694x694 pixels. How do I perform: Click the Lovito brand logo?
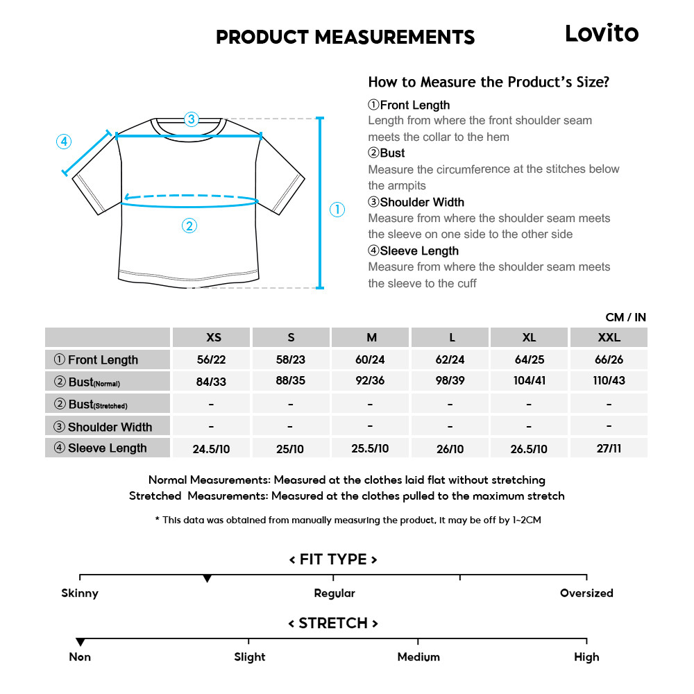[x=602, y=33]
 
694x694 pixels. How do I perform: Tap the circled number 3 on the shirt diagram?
[x=192, y=119]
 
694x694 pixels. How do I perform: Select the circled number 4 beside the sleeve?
[x=63, y=142]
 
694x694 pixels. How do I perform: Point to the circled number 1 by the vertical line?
[x=337, y=210]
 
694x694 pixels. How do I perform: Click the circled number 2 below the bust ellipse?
[x=189, y=225]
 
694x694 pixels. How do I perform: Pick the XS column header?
[x=214, y=337]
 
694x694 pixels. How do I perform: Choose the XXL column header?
[x=609, y=337]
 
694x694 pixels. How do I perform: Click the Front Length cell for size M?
[x=371, y=359]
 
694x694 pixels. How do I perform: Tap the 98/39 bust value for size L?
[x=450, y=381]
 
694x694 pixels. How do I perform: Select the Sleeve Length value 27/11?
[x=609, y=448]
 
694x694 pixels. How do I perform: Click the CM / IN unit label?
[x=625, y=317]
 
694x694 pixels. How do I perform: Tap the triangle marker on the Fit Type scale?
[x=207, y=578]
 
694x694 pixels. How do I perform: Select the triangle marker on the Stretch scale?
[x=81, y=642]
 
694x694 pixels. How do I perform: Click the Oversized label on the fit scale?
[x=586, y=593]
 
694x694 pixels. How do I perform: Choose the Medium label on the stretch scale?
[x=418, y=657]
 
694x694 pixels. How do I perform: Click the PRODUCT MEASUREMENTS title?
[x=345, y=37]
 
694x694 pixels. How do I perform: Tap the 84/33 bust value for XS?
[x=212, y=381]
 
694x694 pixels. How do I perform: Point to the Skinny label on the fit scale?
[x=80, y=593]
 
